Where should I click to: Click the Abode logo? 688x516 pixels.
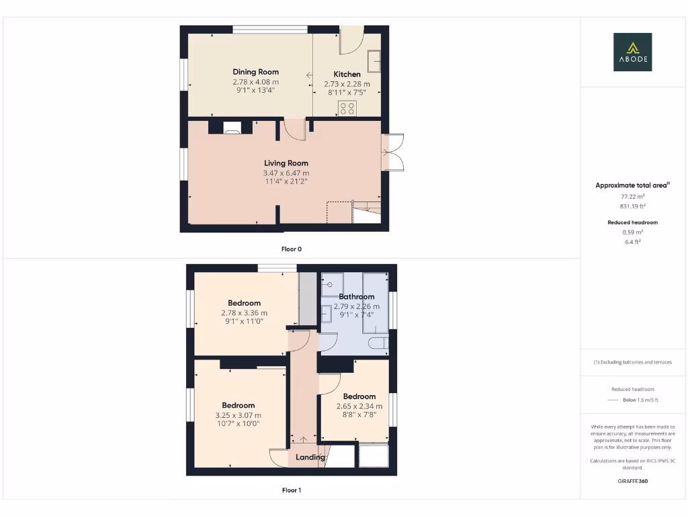coord(632,52)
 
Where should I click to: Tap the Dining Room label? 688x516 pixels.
coord(255,72)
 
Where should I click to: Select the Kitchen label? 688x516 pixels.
coord(347,74)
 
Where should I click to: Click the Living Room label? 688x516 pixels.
coord(286,163)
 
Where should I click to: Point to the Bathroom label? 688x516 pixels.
coord(356,296)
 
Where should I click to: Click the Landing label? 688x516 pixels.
coord(310,457)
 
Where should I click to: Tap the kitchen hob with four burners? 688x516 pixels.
coord(347,108)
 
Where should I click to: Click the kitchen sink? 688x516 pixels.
coord(374,62)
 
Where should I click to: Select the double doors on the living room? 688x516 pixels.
coord(393,153)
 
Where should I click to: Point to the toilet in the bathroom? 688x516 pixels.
coord(378,345)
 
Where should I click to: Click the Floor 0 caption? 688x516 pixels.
coord(291,249)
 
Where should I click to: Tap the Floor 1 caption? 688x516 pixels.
coord(291,490)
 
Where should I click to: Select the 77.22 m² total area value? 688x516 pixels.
coord(632,197)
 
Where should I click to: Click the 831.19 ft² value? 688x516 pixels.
coord(632,206)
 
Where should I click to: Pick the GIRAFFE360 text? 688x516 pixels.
coord(632,481)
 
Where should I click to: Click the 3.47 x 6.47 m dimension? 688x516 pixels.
coord(286,173)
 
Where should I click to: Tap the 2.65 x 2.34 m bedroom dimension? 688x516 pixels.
coord(359,406)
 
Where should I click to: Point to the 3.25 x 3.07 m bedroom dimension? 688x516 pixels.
coord(238,415)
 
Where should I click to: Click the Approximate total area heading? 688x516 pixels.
coord(632,185)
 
